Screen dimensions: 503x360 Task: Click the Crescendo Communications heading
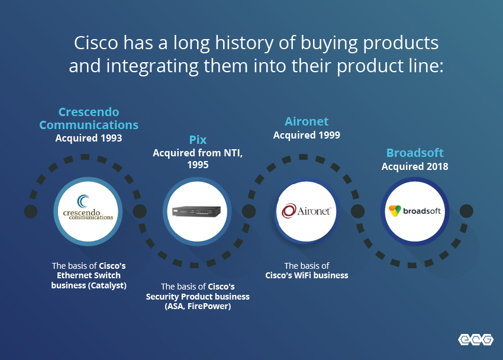tap(89, 118)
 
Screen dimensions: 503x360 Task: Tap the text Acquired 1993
tap(89, 139)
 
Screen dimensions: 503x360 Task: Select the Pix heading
tap(198, 140)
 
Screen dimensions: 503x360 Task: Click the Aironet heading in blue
tap(307, 121)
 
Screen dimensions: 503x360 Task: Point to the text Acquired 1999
tap(307, 135)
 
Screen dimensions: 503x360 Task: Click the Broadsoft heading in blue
tap(415, 153)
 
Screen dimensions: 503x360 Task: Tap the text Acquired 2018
tap(415, 166)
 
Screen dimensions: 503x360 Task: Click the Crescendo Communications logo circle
tap(88, 211)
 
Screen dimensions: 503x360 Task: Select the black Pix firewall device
tap(196, 211)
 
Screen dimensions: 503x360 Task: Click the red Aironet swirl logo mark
tap(288, 211)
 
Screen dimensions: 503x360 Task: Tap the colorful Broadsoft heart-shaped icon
tap(395, 211)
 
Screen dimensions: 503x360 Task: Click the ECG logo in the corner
tap(476, 339)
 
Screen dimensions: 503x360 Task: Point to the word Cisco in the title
tap(96, 43)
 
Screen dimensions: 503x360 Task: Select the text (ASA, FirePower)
tap(198, 307)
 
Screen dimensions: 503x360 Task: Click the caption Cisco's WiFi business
tap(307, 275)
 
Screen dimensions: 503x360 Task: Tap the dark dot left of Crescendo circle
tap(31, 211)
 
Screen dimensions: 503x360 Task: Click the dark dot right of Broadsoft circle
tap(466, 211)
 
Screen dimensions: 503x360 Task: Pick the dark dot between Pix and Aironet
tap(249, 211)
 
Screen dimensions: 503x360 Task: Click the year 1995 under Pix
tap(198, 165)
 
